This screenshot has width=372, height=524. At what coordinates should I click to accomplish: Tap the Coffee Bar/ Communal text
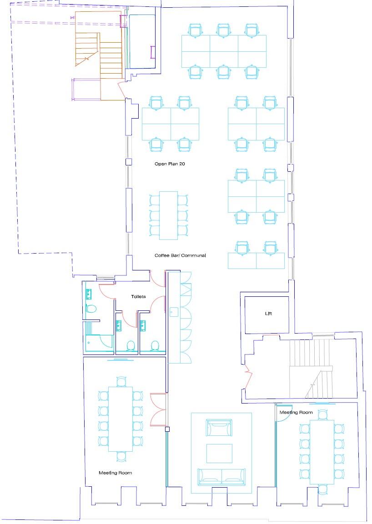click(x=180, y=255)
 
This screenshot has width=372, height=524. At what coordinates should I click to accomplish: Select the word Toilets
click(x=138, y=297)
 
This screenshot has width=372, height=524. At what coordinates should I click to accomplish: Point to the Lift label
click(x=268, y=314)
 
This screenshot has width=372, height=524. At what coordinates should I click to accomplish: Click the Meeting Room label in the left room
click(x=116, y=473)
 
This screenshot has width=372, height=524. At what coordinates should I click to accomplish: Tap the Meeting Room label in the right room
click(x=296, y=412)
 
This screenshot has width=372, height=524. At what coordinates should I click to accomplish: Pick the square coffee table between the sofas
click(x=220, y=453)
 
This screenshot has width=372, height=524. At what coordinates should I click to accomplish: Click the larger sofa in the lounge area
click(x=221, y=475)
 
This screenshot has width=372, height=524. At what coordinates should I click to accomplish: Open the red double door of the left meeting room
click(x=157, y=409)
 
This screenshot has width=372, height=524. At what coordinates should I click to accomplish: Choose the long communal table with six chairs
click(x=169, y=215)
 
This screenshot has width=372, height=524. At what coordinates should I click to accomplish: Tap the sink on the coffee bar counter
click(x=173, y=312)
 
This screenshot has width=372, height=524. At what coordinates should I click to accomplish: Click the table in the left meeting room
click(x=121, y=419)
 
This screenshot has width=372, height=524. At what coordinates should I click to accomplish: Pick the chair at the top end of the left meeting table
click(x=121, y=381)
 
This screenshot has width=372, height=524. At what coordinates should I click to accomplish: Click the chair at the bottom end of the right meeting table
click(x=322, y=489)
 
